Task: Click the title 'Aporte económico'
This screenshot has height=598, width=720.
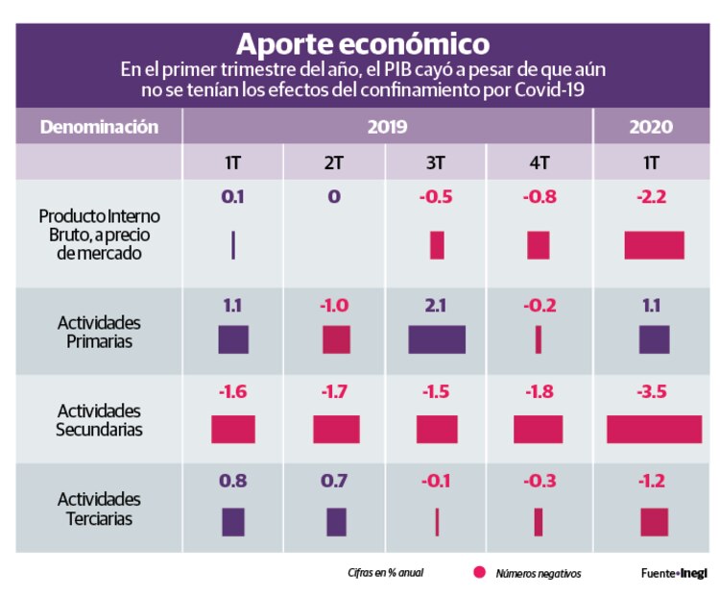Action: click(362, 43)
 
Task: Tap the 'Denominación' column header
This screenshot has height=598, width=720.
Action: click(99, 127)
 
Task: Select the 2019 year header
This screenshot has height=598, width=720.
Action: click(387, 127)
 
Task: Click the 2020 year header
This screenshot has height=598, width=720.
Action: click(650, 127)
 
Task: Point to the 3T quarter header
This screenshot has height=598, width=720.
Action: click(436, 162)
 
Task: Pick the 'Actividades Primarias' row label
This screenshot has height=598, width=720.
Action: click(99, 331)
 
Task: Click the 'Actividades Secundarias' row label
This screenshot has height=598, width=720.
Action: click(99, 420)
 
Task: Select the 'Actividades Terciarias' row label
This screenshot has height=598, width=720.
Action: click(99, 509)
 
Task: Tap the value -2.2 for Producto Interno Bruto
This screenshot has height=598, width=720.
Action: click(653, 198)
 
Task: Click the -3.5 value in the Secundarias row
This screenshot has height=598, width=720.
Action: click(653, 392)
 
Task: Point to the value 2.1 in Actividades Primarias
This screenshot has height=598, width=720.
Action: click(437, 306)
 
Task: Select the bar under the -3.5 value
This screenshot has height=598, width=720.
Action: click(654, 429)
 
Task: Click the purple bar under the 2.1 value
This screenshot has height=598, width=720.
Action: click(437, 339)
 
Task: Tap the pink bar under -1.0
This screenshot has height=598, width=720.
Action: click(336, 339)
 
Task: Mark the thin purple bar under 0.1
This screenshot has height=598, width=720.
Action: click(233, 245)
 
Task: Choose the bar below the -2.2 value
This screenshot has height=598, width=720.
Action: click(654, 245)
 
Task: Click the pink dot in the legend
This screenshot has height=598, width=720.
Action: click(479, 573)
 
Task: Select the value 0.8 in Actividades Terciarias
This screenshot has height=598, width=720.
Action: click(232, 481)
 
